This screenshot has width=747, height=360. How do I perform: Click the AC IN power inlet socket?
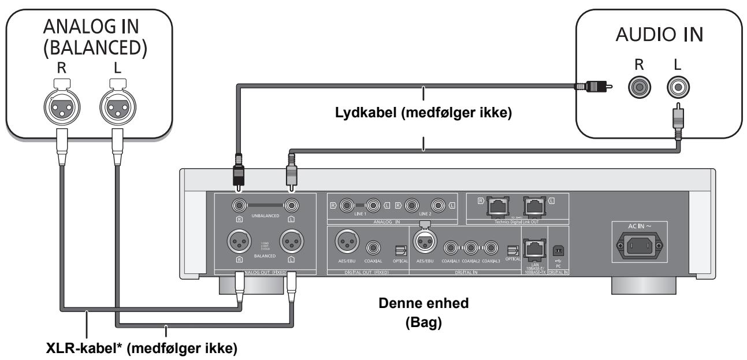click(637, 248)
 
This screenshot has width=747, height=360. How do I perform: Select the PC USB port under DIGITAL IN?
click(558, 250)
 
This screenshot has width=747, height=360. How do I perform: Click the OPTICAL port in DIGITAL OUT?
click(400, 250)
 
